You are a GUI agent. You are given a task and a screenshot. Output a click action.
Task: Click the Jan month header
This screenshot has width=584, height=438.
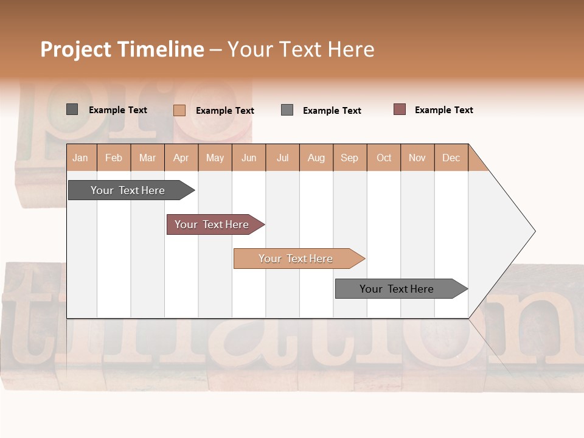(x=80, y=158)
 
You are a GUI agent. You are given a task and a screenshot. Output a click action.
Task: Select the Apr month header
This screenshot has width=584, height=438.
(x=181, y=158)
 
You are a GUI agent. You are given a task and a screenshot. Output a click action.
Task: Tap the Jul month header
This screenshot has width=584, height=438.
(x=282, y=158)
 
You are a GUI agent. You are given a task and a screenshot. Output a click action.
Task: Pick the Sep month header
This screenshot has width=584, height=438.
(x=349, y=158)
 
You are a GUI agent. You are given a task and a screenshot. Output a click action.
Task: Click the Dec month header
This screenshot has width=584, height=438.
(x=451, y=158)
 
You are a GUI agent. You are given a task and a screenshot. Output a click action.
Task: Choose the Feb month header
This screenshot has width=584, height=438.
(x=114, y=158)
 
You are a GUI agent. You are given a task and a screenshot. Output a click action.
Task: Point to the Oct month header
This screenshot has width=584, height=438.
(x=384, y=158)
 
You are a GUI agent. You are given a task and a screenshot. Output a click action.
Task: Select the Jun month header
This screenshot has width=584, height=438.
(x=249, y=158)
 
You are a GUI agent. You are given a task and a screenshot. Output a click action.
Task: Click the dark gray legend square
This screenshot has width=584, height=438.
(x=72, y=109)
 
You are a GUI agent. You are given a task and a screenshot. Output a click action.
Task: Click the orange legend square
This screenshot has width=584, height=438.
(x=179, y=110)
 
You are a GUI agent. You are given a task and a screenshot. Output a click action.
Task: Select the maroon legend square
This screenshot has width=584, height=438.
(x=400, y=109)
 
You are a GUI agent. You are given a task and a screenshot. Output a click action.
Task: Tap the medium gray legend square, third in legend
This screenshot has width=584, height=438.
(x=287, y=110)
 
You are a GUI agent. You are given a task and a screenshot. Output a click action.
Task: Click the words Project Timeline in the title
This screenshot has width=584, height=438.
(x=122, y=49)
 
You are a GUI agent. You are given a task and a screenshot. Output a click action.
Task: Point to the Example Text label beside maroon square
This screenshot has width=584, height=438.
(x=443, y=110)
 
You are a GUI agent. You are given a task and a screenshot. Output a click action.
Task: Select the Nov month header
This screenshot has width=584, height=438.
(x=417, y=158)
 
